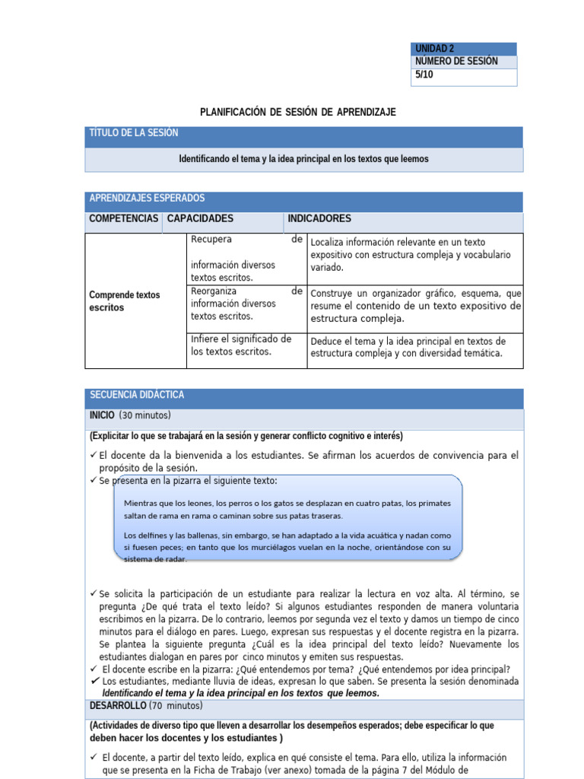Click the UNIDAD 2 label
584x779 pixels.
435,49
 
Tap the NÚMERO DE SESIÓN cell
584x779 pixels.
456,62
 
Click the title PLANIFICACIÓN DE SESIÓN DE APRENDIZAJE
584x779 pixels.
298,112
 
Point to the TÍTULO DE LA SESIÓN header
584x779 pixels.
134,133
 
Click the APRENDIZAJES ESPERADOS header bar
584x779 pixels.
147,199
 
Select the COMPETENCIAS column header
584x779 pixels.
123,219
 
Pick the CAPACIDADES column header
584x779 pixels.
200,219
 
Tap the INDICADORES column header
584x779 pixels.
319,219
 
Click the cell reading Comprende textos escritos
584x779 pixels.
125,301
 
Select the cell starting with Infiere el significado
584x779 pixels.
241,345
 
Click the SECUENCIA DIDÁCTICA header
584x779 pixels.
137,396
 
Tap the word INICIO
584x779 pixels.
102,415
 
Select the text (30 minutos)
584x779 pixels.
145,415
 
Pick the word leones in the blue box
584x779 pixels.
195,503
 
